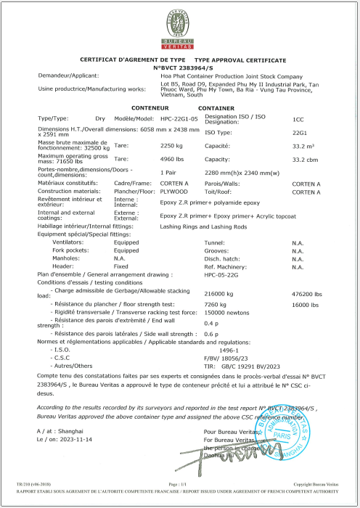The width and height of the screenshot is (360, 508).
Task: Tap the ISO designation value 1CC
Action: point(297,118)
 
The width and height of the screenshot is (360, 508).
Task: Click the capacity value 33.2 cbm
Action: point(301,158)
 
